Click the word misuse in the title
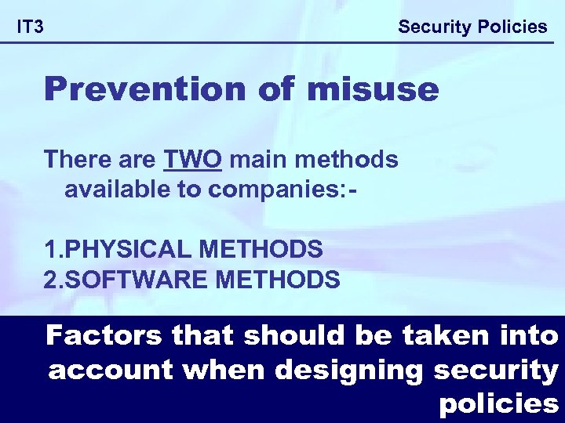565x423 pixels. (373, 89)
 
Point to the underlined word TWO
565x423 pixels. (193, 160)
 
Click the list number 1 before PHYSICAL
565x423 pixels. (51, 250)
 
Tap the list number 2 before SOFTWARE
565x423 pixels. (51, 278)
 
